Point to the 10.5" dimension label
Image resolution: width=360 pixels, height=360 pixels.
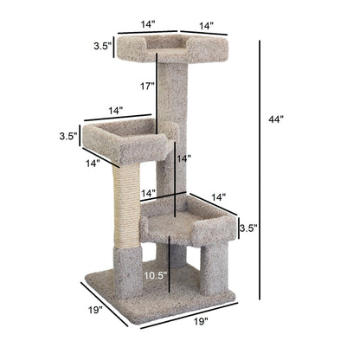point(156,275)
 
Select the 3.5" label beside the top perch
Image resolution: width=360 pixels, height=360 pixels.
point(101,48)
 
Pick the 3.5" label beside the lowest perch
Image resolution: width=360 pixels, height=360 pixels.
point(247,229)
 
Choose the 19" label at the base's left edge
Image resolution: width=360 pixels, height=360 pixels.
point(95,310)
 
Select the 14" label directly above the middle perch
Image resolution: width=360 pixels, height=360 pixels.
point(115,111)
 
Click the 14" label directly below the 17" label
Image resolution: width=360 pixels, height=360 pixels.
point(183,158)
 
